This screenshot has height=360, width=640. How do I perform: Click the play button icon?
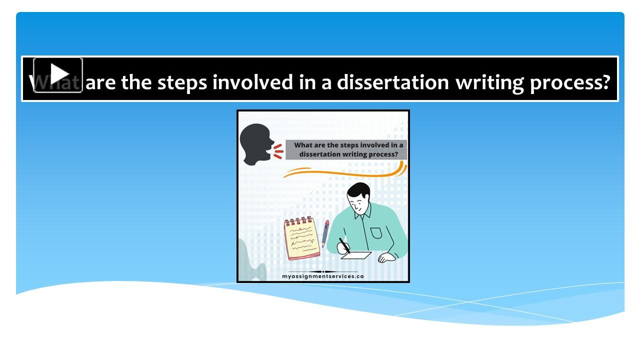pos(58,75)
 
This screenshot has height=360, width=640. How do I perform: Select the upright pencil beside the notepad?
pos(325,233)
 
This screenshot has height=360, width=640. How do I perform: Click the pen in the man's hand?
pos(344,245)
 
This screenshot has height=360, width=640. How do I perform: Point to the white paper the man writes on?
pos(356,255)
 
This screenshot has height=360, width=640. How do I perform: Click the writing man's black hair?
pos(359,191)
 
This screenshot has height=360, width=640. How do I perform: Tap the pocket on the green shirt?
pos(376,233)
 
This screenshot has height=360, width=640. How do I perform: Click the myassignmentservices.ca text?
pos(323,276)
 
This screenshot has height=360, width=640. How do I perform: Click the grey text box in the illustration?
pos(346,150)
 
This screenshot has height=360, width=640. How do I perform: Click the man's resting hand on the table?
pos(386,257)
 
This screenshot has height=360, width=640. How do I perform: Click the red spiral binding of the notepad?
pos(298,220)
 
